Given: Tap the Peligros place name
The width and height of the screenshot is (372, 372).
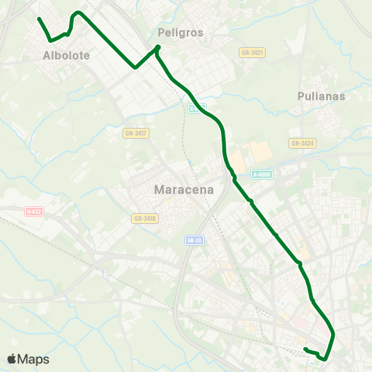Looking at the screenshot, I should pos(180,33).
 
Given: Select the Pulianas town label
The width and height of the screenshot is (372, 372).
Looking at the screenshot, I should pos(321,96).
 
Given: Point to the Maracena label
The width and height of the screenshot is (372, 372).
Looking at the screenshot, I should pos(184,190).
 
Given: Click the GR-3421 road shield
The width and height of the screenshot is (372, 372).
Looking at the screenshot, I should pos(253,53).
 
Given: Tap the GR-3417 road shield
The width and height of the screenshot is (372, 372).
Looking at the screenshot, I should pos(136,133).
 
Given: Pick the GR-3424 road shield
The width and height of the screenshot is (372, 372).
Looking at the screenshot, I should pos(302,143).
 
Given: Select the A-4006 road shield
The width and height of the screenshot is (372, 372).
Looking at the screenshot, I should pos(262,175).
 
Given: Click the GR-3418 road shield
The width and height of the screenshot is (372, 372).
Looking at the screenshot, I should pos(144,219).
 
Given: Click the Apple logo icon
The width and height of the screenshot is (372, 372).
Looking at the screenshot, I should pos(12,359).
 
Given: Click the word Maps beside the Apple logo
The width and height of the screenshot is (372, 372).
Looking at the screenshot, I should pos(33,360).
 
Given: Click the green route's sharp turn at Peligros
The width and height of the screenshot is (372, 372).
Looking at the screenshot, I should pos(158,48).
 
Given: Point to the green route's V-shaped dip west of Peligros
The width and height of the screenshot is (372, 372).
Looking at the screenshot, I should pos(136,67).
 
